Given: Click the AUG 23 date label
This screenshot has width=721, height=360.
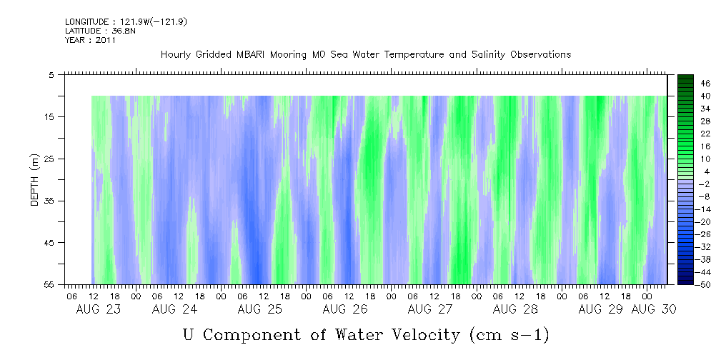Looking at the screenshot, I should [x=99, y=309].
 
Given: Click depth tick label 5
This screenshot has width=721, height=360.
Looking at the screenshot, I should [x=51, y=74].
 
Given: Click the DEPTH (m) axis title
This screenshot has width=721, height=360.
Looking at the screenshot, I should [x=34, y=179].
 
